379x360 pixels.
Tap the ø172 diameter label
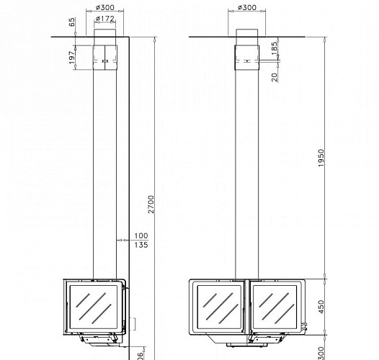pos(104,18)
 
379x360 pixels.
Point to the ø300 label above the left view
pos(104,9)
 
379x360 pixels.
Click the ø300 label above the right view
pos(247,9)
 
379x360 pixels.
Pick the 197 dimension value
pos(72,56)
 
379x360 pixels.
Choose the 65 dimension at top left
pos(72,23)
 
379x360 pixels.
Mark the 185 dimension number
pos(275,48)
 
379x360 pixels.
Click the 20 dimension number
pos(275,76)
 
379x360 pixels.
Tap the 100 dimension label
pos(141,235)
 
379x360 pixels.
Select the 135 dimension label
pos(141,245)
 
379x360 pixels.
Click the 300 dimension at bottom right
pos(321,352)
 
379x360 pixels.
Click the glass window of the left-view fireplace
pos(94,308)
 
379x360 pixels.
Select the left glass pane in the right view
pos(218,308)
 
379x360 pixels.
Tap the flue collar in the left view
pos(105,55)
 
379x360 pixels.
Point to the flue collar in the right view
pos(247,55)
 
